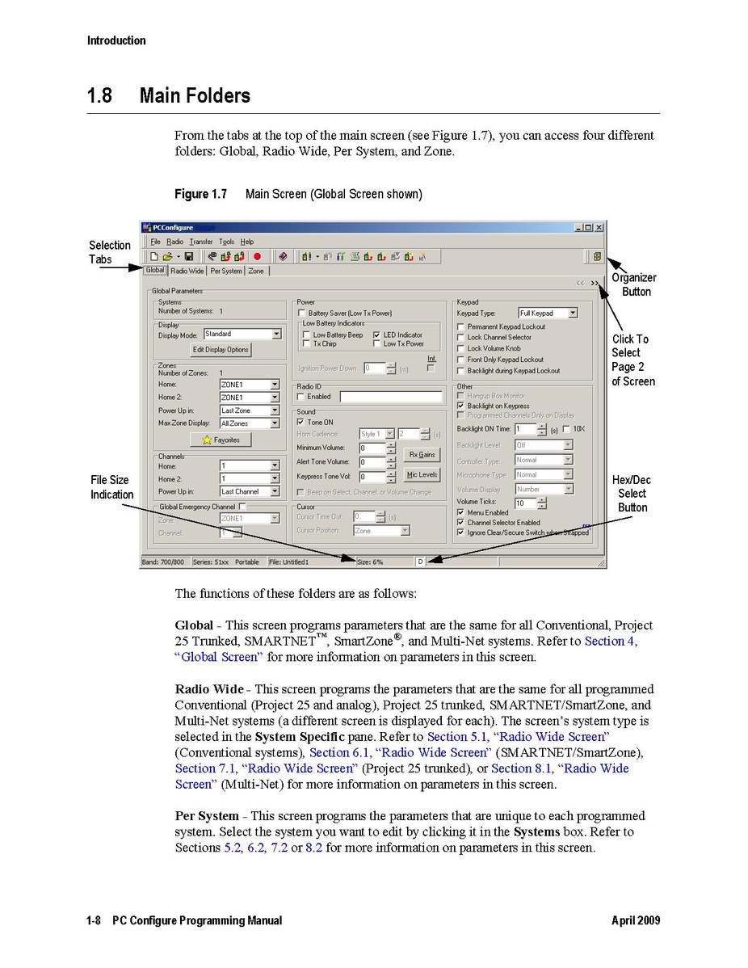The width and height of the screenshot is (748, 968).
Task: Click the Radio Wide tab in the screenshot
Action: [187, 271]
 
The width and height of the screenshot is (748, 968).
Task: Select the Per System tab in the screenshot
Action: [226, 271]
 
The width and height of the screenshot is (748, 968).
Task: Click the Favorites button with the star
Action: [221, 440]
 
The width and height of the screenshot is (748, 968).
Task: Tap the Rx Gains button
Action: [422, 455]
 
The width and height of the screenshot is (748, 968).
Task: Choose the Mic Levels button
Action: [422, 475]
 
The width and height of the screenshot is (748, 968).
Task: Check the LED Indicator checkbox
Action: [378, 335]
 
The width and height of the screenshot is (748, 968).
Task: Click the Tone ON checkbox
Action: [301, 422]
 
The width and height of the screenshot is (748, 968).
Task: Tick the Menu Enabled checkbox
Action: [460, 512]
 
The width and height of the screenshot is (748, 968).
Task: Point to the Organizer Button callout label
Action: [634, 284]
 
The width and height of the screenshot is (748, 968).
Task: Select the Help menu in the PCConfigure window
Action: [247, 242]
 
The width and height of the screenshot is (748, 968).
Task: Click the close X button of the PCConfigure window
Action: [599, 228]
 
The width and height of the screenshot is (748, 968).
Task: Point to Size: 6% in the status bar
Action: [370, 561]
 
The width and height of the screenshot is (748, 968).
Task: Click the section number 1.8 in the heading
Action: [100, 96]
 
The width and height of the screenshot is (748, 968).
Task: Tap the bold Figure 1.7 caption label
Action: [201, 194]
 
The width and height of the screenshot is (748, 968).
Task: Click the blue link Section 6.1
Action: [329, 752]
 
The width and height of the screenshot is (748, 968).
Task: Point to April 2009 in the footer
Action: [636, 920]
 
